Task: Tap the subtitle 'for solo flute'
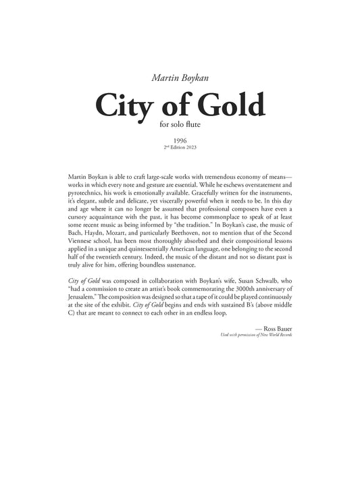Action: (x=180, y=124)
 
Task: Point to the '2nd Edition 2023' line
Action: (x=180, y=146)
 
